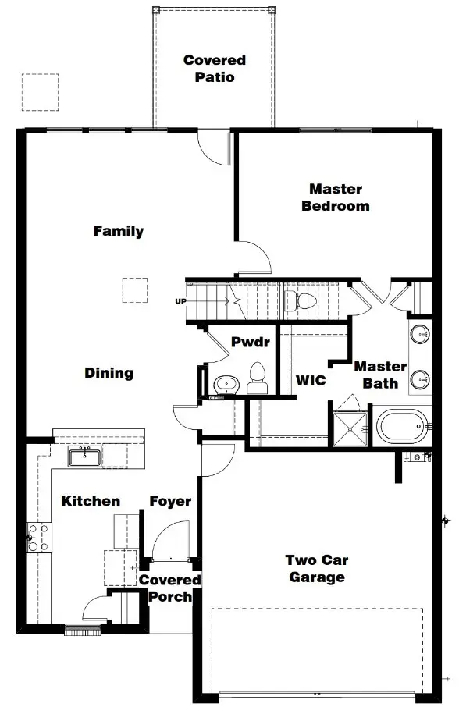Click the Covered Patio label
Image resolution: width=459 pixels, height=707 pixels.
215,69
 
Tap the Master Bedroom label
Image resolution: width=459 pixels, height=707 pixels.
336,197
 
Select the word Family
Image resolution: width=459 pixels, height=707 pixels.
119,231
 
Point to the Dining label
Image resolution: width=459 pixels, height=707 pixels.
109,373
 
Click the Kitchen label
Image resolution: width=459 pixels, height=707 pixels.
91,500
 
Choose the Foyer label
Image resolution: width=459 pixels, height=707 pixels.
170,502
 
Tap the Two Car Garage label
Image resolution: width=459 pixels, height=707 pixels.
317,569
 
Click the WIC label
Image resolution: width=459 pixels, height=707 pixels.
311,380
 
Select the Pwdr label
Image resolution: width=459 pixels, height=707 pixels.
251,342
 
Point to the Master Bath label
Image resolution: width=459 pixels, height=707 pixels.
380,375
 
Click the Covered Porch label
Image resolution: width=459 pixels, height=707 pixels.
169,588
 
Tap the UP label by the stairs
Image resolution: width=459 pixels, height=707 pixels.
180,301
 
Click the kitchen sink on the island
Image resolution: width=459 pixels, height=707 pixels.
85,457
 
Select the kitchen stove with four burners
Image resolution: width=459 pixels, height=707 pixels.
39,537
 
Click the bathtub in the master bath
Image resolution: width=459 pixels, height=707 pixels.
402,426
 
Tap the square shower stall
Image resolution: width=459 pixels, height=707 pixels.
350,428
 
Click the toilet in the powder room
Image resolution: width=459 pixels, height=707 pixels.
258,378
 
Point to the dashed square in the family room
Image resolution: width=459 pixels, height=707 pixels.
135,290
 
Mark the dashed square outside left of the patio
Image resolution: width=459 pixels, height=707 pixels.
40,92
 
